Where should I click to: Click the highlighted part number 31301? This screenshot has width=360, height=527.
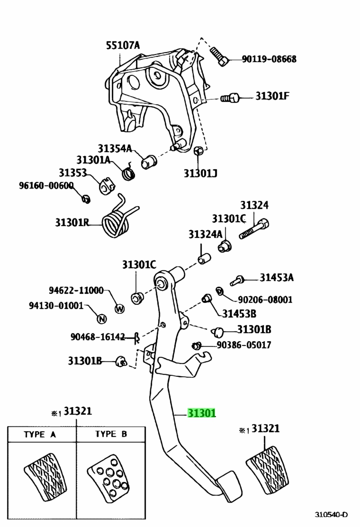201,413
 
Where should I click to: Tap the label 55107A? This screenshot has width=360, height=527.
123,45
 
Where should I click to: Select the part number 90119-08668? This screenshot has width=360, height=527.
270,59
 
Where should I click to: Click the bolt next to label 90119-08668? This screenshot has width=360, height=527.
219,56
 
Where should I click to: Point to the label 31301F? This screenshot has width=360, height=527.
272,96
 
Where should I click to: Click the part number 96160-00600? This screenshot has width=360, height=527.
46,185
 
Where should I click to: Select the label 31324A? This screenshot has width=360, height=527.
205,234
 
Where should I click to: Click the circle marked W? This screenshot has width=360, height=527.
119,308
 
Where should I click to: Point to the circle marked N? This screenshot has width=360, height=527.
102,318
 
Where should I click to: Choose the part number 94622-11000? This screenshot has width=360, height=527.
76,290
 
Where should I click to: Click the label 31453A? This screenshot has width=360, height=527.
276,278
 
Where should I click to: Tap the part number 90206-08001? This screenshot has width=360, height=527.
265,299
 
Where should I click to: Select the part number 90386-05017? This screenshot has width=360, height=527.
244,345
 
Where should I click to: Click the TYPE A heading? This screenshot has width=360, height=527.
40,434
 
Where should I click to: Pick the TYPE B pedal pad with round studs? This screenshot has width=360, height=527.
108,477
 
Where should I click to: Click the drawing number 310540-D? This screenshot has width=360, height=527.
331,515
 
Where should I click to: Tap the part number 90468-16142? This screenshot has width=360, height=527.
98,336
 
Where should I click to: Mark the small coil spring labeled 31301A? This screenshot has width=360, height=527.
128,172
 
